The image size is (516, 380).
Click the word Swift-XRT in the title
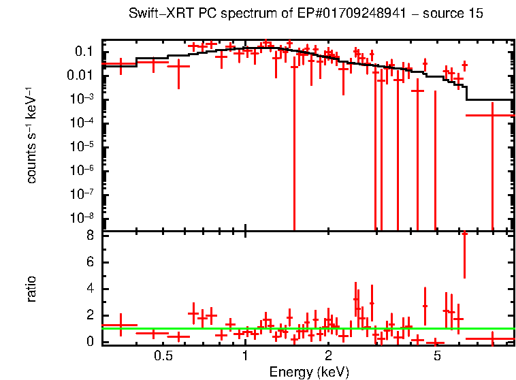tap(157, 14)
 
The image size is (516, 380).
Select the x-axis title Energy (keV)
tap(309, 372)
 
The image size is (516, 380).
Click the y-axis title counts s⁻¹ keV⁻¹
tap(31, 135)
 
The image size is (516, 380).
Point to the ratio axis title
tap(31, 289)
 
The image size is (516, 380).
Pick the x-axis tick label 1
tap(245, 356)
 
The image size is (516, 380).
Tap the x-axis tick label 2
tap(327, 356)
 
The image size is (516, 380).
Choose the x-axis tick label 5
tap(437, 356)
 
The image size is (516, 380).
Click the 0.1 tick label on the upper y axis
tap(84, 52)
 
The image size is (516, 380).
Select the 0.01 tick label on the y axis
tap(81, 76)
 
